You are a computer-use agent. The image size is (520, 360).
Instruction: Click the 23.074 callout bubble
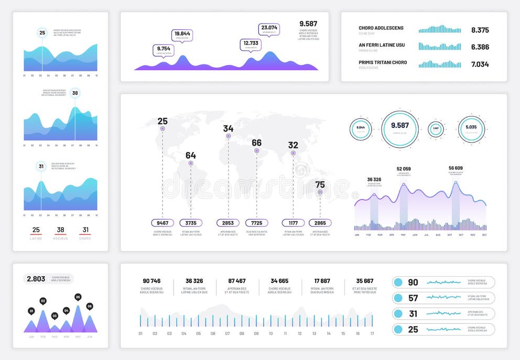pos(269,29)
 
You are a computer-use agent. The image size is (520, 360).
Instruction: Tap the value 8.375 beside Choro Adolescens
pos(480,30)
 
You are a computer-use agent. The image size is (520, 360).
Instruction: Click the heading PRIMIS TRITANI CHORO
pos(383,63)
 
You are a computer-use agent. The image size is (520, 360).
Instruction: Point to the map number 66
pos(256,143)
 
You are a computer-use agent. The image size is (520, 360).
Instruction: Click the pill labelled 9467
pos(162,223)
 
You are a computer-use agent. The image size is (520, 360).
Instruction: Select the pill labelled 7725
pos(256,223)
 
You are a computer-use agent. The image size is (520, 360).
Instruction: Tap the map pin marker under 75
pos(320,192)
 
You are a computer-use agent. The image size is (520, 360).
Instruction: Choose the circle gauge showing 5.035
pos(471,128)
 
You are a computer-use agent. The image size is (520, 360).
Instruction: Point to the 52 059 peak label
pos(404,169)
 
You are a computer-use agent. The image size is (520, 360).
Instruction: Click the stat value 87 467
pos(237,281)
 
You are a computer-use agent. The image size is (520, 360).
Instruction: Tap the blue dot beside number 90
pos(398,282)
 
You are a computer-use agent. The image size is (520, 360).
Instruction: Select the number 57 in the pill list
pos(413,298)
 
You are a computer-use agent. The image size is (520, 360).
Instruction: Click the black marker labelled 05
pos(78,297)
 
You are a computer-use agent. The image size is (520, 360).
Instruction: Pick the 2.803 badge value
pos(36,279)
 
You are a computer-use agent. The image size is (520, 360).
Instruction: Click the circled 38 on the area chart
pos(75,93)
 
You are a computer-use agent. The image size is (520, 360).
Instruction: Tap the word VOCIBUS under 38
pos(60,238)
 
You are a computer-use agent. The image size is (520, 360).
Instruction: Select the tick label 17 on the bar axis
pos(372,333)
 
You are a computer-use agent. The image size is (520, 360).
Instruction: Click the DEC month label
pos(484,235)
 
